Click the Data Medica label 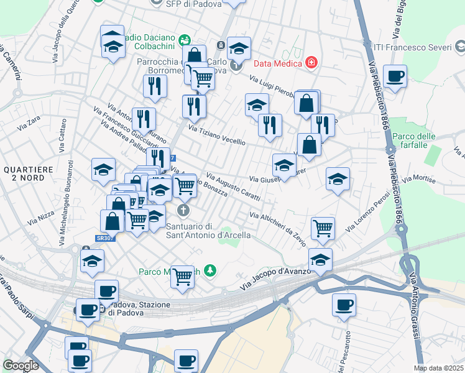pyautogui.click(x=277, y=63)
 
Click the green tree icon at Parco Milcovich pyautogui.click(x=211, y=270)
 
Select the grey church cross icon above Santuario pyautogui.click(x=183, y=209)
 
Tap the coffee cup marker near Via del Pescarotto pyautogui.click(x=344, y=305)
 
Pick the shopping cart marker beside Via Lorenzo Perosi pyautogui.click(x=323, y=228)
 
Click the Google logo pyautogui.click(x=21, y=365)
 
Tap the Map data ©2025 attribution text pyautogui.click(x=438, y=368)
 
